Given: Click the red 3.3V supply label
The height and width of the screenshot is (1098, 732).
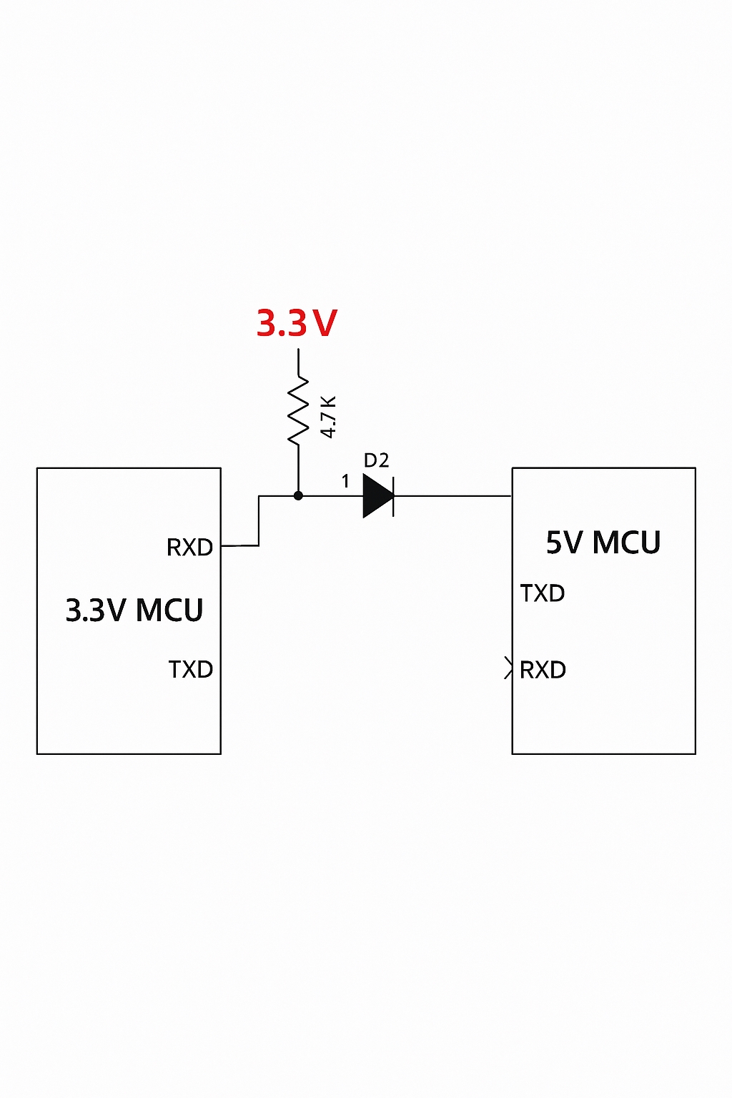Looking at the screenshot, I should click(x=297, y=323).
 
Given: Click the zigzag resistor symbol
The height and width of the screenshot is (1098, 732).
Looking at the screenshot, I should click(x=299, y=411).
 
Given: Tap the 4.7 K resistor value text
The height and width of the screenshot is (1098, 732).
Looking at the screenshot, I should click(x=328, y=417).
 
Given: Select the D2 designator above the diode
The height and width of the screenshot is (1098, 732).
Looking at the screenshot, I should click(x=376, y=460).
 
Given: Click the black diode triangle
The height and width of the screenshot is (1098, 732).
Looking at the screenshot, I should click(x=376, y=495).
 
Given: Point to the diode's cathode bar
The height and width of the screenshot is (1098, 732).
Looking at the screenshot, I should click(x=394, y=495).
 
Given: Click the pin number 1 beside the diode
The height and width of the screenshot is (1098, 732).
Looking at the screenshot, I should click(x=346, y=481).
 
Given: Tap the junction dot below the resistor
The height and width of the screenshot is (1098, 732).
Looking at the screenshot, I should click(x=298, y=495).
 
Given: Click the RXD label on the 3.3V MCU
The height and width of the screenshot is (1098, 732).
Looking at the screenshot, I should click(x=189, y=548).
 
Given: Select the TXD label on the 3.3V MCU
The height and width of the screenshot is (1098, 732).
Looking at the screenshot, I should click(x=190, y=670).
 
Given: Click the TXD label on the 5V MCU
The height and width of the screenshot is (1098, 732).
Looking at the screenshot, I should click(x=543, y=593).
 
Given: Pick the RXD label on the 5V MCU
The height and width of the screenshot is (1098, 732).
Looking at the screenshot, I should click(x=543, y=670).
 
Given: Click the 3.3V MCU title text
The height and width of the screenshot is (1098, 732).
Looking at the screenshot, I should click(x=134, y=610).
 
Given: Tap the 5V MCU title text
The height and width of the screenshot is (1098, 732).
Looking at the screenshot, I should click(x=603, y=543).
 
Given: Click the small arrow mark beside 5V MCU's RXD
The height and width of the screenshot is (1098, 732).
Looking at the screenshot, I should click(x=508, y=668).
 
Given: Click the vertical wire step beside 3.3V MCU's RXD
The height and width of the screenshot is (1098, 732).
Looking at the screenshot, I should click(x=259, y=520).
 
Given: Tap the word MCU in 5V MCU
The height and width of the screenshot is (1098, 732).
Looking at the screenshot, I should click(x=627, y=543).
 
